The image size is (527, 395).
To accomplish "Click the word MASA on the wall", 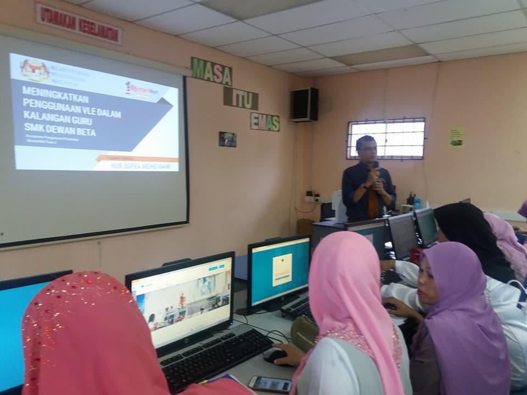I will (211, 71).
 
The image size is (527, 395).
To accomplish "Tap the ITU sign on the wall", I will (240, 98).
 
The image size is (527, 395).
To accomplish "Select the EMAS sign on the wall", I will (265, 121).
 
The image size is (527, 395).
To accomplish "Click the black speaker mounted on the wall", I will (304, 104).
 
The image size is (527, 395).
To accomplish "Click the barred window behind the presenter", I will (386, 138).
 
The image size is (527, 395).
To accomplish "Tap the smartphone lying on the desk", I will (270, 383).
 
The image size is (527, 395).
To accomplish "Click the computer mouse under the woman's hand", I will (274, 355).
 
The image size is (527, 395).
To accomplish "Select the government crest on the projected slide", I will (35, 70).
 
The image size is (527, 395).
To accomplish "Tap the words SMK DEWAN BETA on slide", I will (59, 132).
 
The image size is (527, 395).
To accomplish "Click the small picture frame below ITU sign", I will (227, 139).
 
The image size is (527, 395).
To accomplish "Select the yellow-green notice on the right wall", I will (456, 137).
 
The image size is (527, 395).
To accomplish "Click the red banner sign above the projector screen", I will (79, 23).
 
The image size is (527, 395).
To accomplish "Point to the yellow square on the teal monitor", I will (282, 269).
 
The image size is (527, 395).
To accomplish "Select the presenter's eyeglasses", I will (367, 149).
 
